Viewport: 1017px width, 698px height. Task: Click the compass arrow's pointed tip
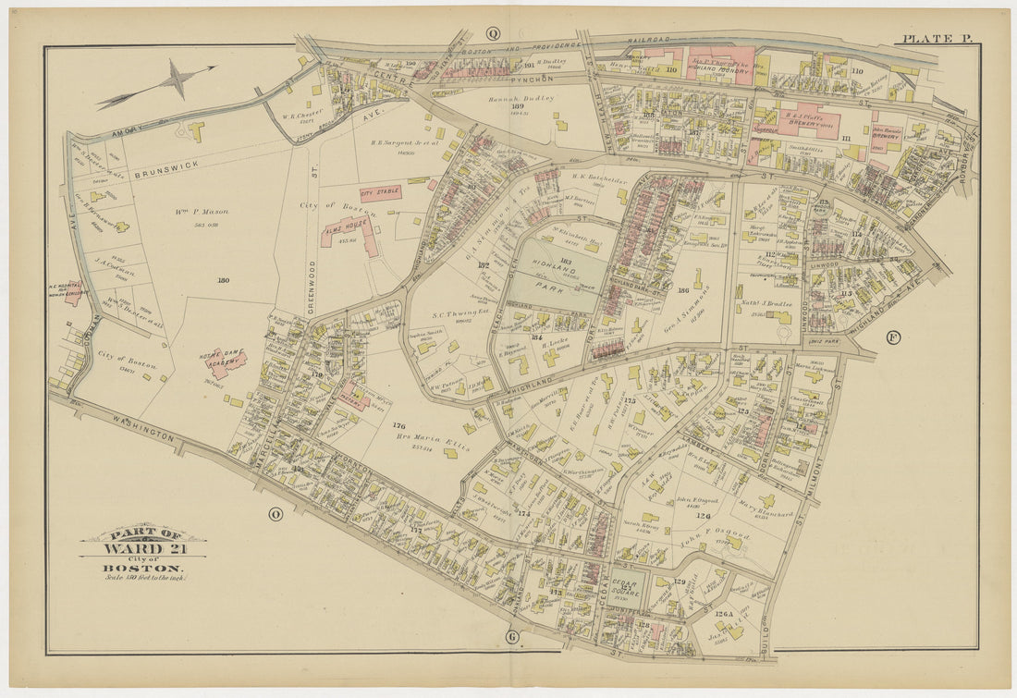(214, 67)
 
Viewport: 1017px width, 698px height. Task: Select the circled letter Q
(493, 34)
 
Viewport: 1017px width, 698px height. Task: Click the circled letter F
(892, 337)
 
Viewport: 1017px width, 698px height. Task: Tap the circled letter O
(275, 515)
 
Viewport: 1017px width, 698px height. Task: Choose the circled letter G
(511, 637)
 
